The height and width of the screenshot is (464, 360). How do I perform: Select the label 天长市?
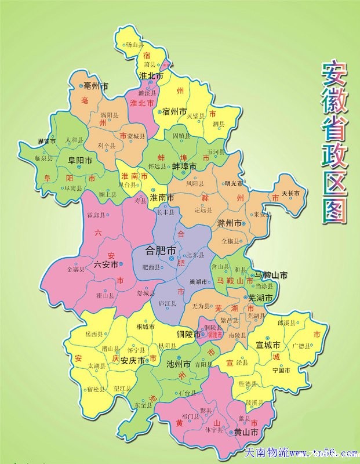point(290,193)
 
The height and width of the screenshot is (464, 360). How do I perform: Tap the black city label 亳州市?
point(96,86)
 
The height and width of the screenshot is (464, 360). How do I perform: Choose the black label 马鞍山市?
point(271,274)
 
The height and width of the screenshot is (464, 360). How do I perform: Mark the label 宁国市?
point(281,370)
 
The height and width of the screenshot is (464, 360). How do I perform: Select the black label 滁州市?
point(228,223)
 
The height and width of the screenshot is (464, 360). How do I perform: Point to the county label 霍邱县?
point(96,215)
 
